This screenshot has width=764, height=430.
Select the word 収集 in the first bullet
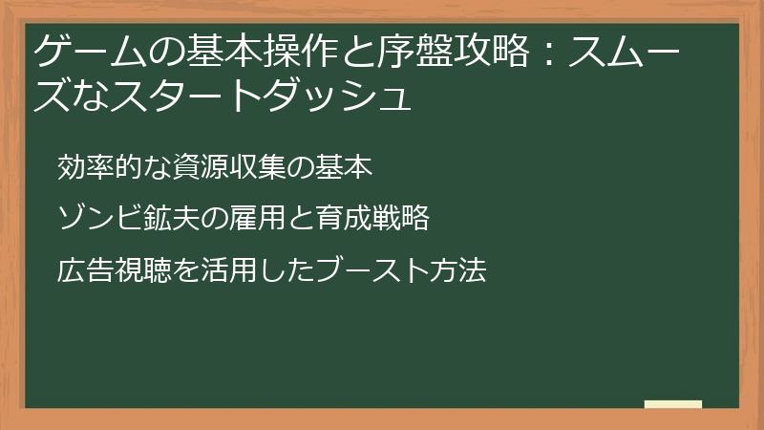click(x=262, y=166)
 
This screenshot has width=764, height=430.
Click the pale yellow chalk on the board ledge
click(x=673, y=404)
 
